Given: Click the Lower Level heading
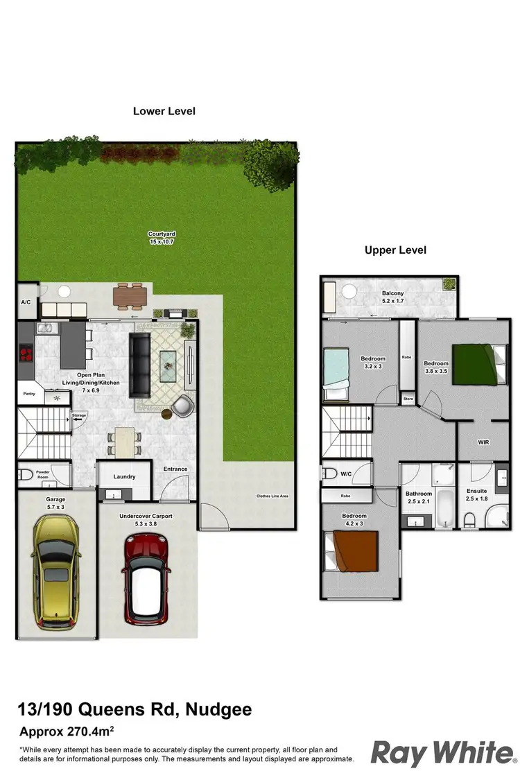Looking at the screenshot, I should [x=164, y=111].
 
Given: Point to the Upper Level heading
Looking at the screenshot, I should [x=396, y=250].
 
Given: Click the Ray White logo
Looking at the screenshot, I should [x=444, y=752].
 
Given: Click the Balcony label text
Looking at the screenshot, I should [x=392, y=293].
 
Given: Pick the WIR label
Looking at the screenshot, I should [x=484, y=442].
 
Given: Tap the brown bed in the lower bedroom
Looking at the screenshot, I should [x=354, y=550].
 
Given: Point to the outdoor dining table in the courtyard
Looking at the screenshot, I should [x=130, y=296].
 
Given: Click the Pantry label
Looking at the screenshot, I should [x=28, y=394].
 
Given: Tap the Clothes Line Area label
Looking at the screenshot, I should [x=272, y=496].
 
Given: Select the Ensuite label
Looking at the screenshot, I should [x=476, y=491].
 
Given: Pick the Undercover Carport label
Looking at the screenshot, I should [x=146, y=516].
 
